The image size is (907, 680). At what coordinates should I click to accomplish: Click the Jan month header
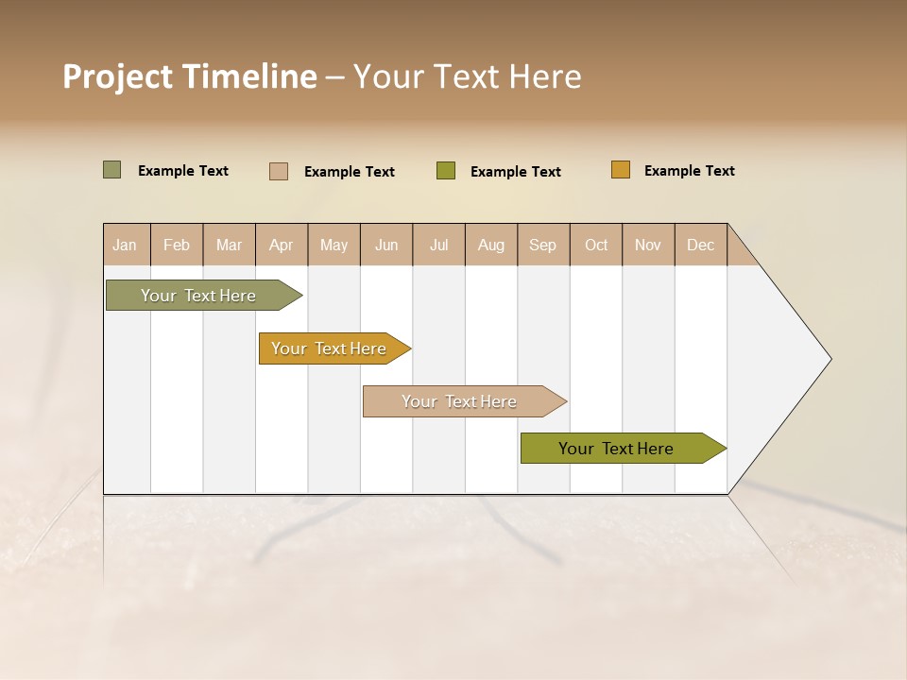tap(126, 245)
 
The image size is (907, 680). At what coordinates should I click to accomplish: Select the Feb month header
tap(177, 245)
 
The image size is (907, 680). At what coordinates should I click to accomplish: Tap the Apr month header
tap(282, 245)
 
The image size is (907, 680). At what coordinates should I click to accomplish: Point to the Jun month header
tap(386, 245)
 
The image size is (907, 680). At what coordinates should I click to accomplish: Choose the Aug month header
tap(491, 245)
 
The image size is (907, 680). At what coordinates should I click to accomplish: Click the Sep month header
tap(543, 245)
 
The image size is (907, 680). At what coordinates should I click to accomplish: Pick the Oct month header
tap(596, 245)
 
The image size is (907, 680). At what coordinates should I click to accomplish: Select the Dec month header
tap(701, 245)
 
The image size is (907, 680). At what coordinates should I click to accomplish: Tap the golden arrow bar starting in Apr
tap(331, 348)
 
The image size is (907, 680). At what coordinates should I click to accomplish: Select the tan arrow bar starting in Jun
tap(461, 401)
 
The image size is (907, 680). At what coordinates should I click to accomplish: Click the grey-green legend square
tap(111, 170)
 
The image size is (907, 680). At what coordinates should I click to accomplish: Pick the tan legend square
tap(279, 171)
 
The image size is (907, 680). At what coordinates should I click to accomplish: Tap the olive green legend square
tap(446, 171)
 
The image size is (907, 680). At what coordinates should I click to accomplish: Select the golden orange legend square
tap(620, 170)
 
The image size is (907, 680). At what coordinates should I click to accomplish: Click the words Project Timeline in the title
tap(189, 76)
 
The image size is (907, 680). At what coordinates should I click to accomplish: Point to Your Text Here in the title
tap(467, 76)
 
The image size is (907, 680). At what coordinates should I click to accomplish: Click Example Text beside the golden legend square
tap(689, 171)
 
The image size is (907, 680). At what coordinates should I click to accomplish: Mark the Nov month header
tap(648, 245)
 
